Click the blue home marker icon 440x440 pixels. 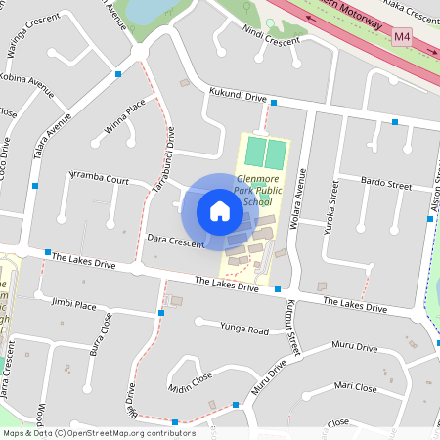[220, 210]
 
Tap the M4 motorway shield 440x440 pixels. [402, 37]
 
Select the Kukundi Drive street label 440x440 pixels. [238, 95]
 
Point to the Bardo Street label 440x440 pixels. [386, 183]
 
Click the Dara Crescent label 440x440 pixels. [175, 239]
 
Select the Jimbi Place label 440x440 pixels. [74, 305]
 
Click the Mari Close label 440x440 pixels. [355, 387]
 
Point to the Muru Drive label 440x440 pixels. [354, 347]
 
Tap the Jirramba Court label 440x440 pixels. [97, 179]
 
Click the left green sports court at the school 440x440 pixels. [254, 153]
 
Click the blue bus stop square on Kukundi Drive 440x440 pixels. [274, 102]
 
